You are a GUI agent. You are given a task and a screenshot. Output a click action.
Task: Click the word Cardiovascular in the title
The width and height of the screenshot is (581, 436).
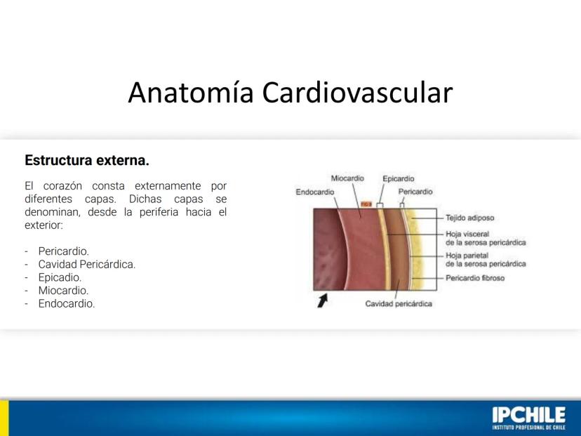pyautogui.click(x=358, y=92)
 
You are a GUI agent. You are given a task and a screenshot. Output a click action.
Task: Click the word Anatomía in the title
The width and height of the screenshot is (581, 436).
pyautogui.click(x=191, y=92)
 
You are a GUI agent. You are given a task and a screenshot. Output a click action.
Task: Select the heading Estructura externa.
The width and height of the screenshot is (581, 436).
pyautogui.click(x=87, y=160)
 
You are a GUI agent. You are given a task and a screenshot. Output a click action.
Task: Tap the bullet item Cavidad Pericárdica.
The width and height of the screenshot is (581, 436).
pyautogui.click(x=87, y=265)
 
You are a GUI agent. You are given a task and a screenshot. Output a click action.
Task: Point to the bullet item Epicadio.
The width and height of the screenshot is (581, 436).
pyautogui.click(x=60, y=278)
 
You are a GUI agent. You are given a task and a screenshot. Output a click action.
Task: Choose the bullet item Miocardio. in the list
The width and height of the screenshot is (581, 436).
pyautogui.click(x=63, y=290)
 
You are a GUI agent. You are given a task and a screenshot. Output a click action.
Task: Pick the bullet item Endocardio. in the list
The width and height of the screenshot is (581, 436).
pyautogui.click(x=67, y=303)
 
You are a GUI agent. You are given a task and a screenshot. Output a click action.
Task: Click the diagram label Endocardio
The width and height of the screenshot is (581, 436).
pyautogui.click(x=315, y=192)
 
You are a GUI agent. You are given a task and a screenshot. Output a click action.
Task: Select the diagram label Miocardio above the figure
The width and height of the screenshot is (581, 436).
pyautogui.click(x=347, y=178)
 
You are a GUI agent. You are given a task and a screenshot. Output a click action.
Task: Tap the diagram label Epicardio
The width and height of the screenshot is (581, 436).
pyautogui.click(x=399, y=179)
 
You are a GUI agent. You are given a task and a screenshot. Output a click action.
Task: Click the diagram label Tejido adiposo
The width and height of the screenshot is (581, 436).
pyautogui.click(x=470, y=218)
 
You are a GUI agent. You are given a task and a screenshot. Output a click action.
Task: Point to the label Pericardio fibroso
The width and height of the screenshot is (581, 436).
pyautogui.click(x=475, y=278)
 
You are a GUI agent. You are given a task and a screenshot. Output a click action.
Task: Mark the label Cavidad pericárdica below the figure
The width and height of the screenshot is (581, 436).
pyautogui.click(x=399, y=303)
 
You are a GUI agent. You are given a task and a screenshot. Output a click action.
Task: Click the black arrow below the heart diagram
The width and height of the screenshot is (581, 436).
pyautogui.click(x=322, y=300)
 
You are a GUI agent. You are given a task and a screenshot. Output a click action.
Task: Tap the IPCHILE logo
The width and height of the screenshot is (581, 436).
pyautogui.click(x=529, y=418)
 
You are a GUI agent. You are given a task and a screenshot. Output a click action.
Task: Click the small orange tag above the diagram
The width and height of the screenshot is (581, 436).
pyautogui.click(x=366, y=204)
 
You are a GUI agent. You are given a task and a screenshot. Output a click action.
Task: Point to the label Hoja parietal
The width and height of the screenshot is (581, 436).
pyautogui.click(x=467, y=256)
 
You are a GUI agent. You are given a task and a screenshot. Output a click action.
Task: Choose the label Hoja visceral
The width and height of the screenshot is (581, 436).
pyautogui.click(x=467, y=234)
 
